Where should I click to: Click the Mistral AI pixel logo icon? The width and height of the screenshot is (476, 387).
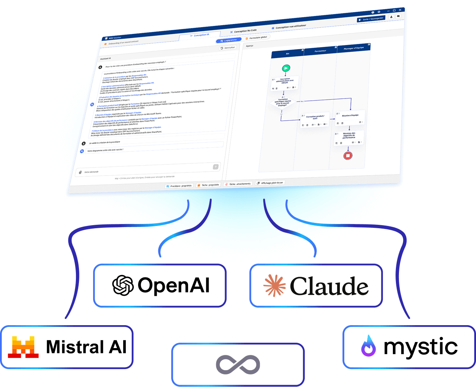pyautogui.click(x=24, y=347)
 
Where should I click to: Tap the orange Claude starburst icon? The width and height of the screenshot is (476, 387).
pyautogui.click(x=275, y=285)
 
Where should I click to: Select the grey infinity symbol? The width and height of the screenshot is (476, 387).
pyautogui.click(x=238, y=364)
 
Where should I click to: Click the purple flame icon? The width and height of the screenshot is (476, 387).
pyautogui.click(x=368, y=346)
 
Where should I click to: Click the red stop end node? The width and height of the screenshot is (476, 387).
pyautogui.click(x=347, y=155)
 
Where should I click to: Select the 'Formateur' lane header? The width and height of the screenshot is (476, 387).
pyautogui.click(x=320, y=51)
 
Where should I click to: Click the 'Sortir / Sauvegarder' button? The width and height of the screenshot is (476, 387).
pyautogui.click(x=370, y=19)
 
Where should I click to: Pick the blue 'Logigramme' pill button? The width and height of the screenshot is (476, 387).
pyautogui.click(x=229, y=40)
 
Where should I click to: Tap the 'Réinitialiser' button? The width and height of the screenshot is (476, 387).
pyautogui.click(x=228, y=48)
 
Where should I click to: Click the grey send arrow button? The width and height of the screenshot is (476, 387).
pyautogui.click(x=215, y=167)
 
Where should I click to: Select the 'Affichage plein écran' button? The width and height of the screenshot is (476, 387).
pyautogui.click(x=270, y=183)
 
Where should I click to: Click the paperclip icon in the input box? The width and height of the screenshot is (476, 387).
pyautogui.click(x=80, y=173)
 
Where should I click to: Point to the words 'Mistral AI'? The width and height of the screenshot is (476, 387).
pyautogui.click(x=86, y=347)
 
